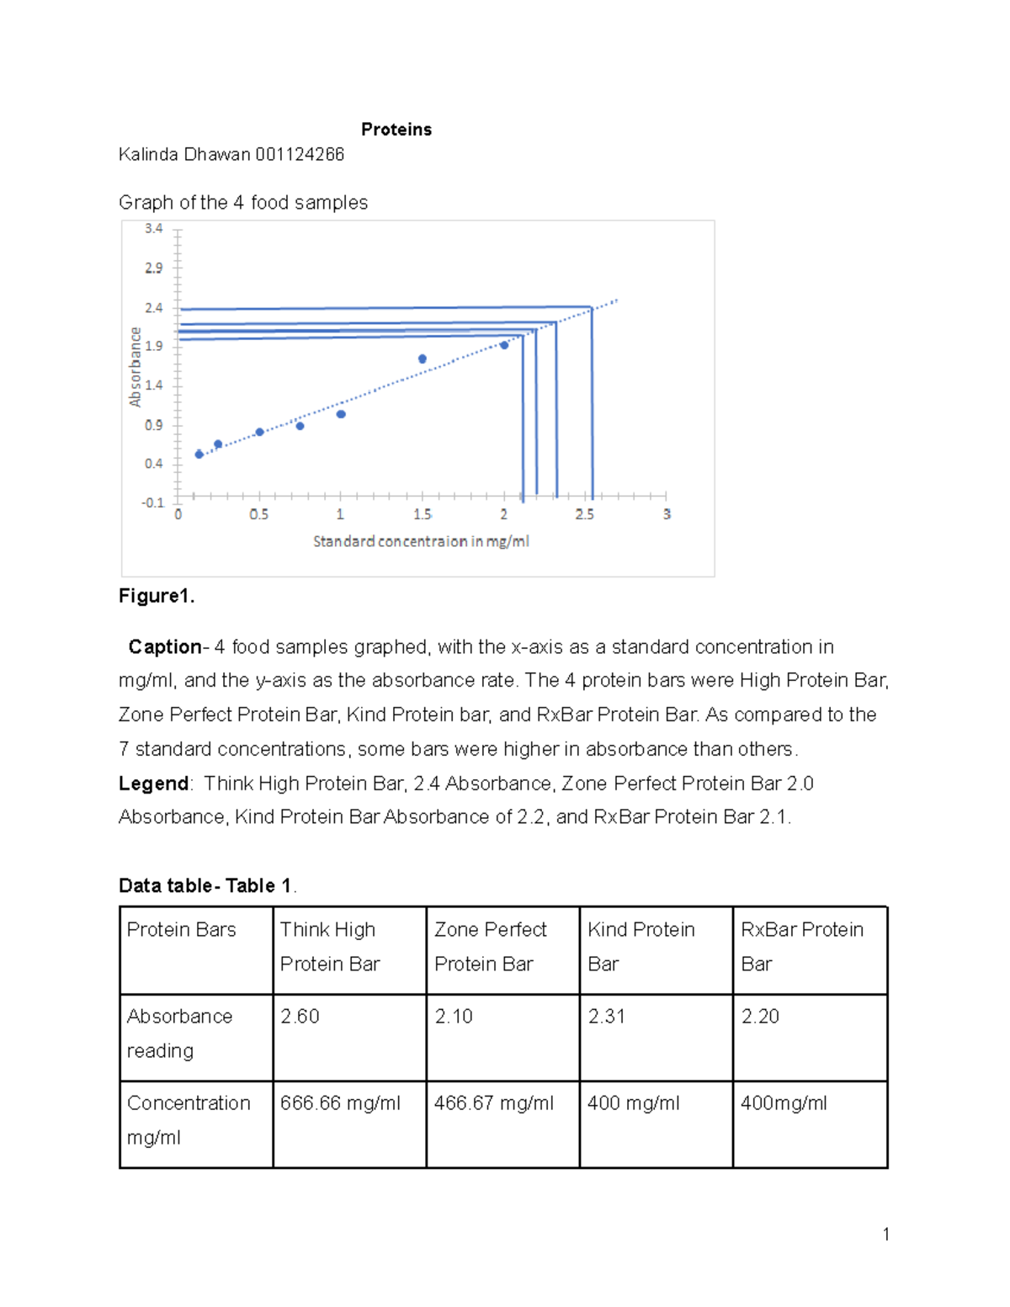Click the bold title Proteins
396,130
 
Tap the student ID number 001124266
300,155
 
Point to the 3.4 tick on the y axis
153,229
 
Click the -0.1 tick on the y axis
152,503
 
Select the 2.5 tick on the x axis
584,514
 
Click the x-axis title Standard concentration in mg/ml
421,542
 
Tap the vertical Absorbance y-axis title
135,367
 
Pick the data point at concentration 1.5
423,359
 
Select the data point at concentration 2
504,345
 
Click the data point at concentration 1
341,414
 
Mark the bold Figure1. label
157,597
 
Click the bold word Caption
164,647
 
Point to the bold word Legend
154,784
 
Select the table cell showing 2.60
300,1017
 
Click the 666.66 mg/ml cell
340,1103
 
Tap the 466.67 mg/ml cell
493,1103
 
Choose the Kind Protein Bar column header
641,947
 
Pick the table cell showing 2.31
606,1017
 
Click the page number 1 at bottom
885,1235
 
